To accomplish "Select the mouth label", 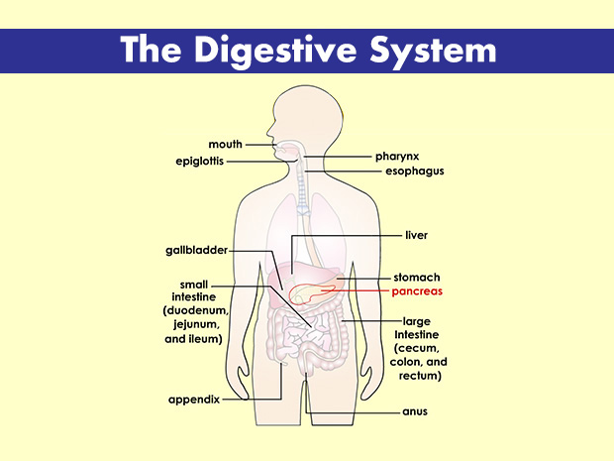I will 226,145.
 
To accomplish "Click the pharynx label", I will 396,157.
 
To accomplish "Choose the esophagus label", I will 414,171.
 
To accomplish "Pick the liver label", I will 416,236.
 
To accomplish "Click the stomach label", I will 417,278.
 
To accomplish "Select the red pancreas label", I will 417,292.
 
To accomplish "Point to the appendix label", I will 193,401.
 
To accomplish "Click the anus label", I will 415,411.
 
